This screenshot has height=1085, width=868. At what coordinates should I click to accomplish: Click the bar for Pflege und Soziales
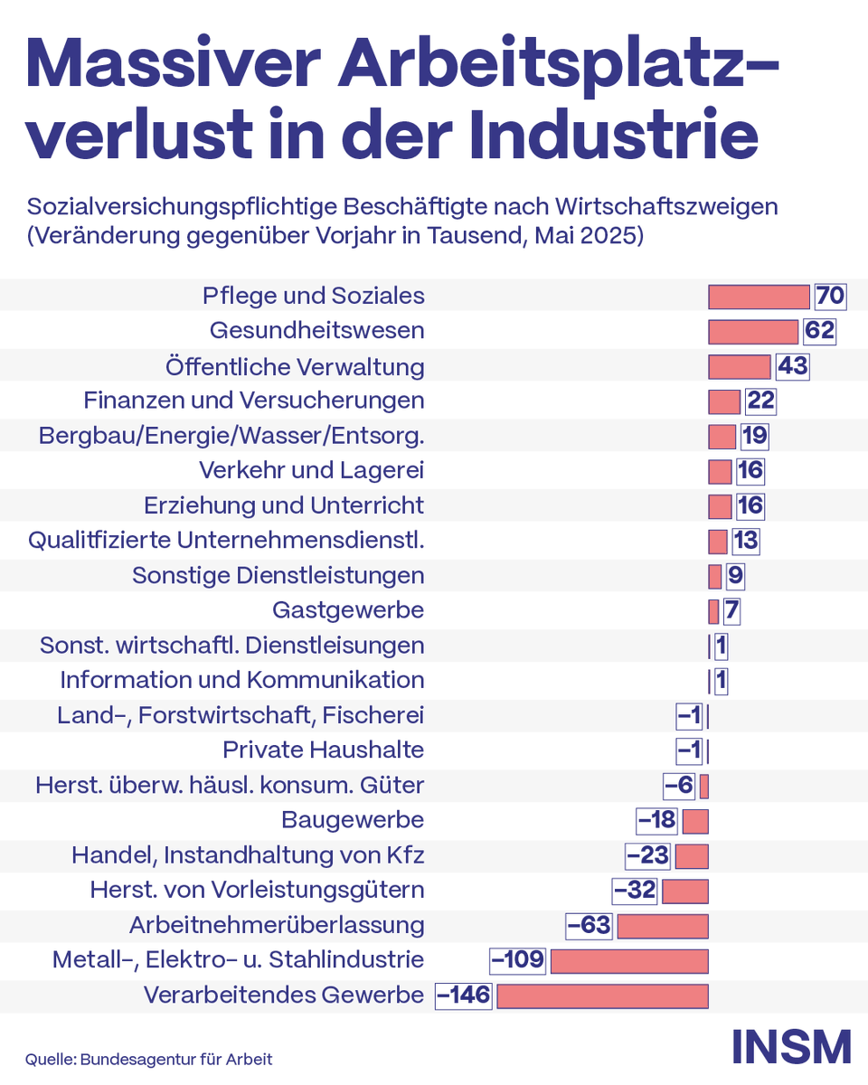759,297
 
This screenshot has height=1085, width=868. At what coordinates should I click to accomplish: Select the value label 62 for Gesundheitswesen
819,331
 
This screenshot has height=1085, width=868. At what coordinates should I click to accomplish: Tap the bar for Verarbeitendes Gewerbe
602,995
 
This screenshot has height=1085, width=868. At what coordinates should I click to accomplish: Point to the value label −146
464,995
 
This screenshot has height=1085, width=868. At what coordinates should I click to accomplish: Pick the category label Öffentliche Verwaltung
295,367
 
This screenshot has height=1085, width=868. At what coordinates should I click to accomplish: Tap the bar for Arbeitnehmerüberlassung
662,926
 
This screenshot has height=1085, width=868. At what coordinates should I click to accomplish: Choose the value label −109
517,960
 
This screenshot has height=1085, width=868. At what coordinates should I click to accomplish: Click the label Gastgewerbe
348,610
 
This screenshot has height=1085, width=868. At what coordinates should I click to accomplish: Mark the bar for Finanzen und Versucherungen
724,401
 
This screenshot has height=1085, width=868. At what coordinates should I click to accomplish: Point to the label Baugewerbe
353,820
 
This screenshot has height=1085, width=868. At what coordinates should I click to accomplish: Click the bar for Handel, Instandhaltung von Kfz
692,856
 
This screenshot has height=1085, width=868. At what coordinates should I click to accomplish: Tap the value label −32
635,891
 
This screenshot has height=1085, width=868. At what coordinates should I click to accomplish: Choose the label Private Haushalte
323,750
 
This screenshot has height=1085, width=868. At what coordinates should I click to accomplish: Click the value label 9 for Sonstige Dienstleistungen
735,576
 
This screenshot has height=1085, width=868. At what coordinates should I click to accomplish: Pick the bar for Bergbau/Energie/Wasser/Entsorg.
722,436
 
